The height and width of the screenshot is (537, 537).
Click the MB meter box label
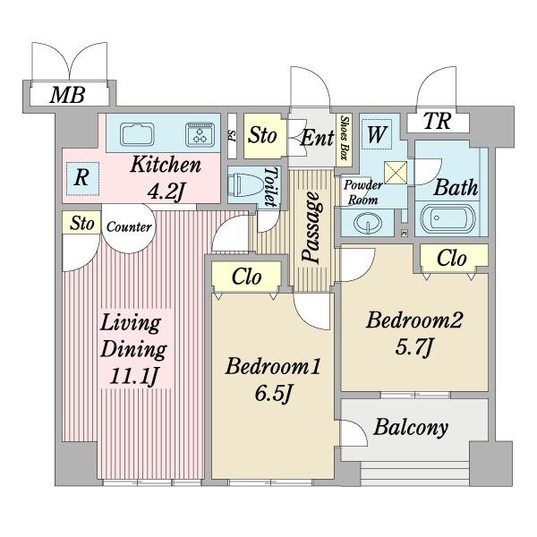[x=67, y=95]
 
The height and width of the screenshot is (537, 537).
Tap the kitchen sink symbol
[x=137, y=134]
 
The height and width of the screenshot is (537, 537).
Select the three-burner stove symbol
[x=200, y=134]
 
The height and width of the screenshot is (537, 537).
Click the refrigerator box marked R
[x=82, y=178]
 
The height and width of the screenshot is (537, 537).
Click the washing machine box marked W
[x=377, y=134]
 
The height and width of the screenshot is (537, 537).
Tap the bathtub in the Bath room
[x=448, y=219]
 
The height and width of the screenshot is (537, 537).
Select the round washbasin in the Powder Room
[x=368, y=223]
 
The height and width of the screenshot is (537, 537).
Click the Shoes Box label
[x=344, y=138]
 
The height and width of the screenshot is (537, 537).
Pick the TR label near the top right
[x=437, y=121]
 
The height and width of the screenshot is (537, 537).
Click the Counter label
[x=129, y=226]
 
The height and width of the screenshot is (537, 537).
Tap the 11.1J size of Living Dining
[x=134, y=376]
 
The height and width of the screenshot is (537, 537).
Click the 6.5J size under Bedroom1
[x=273, y=394]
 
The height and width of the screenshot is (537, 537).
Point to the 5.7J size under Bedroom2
[x=414, y=347]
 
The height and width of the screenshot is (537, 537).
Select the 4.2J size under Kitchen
[x=166, y=192]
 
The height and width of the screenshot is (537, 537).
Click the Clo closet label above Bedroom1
[x=247, y=277]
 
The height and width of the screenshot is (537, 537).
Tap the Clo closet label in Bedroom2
[x=452, y=259]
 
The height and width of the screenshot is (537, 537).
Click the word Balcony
[x=411, y=428]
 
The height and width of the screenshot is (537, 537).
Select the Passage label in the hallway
[x=312, y=227]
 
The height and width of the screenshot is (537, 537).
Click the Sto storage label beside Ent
[x=262, y=136]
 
